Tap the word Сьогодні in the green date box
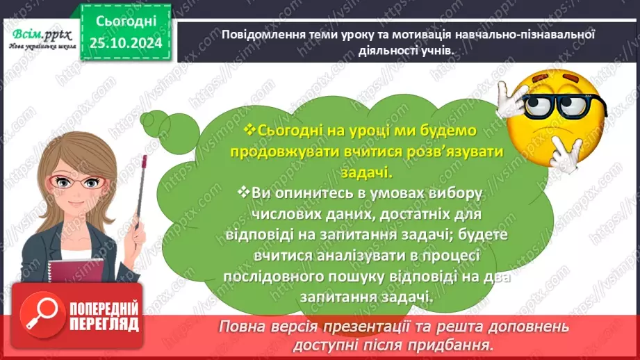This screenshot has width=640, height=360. pos(122,22)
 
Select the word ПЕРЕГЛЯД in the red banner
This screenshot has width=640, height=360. pos(104,324)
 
